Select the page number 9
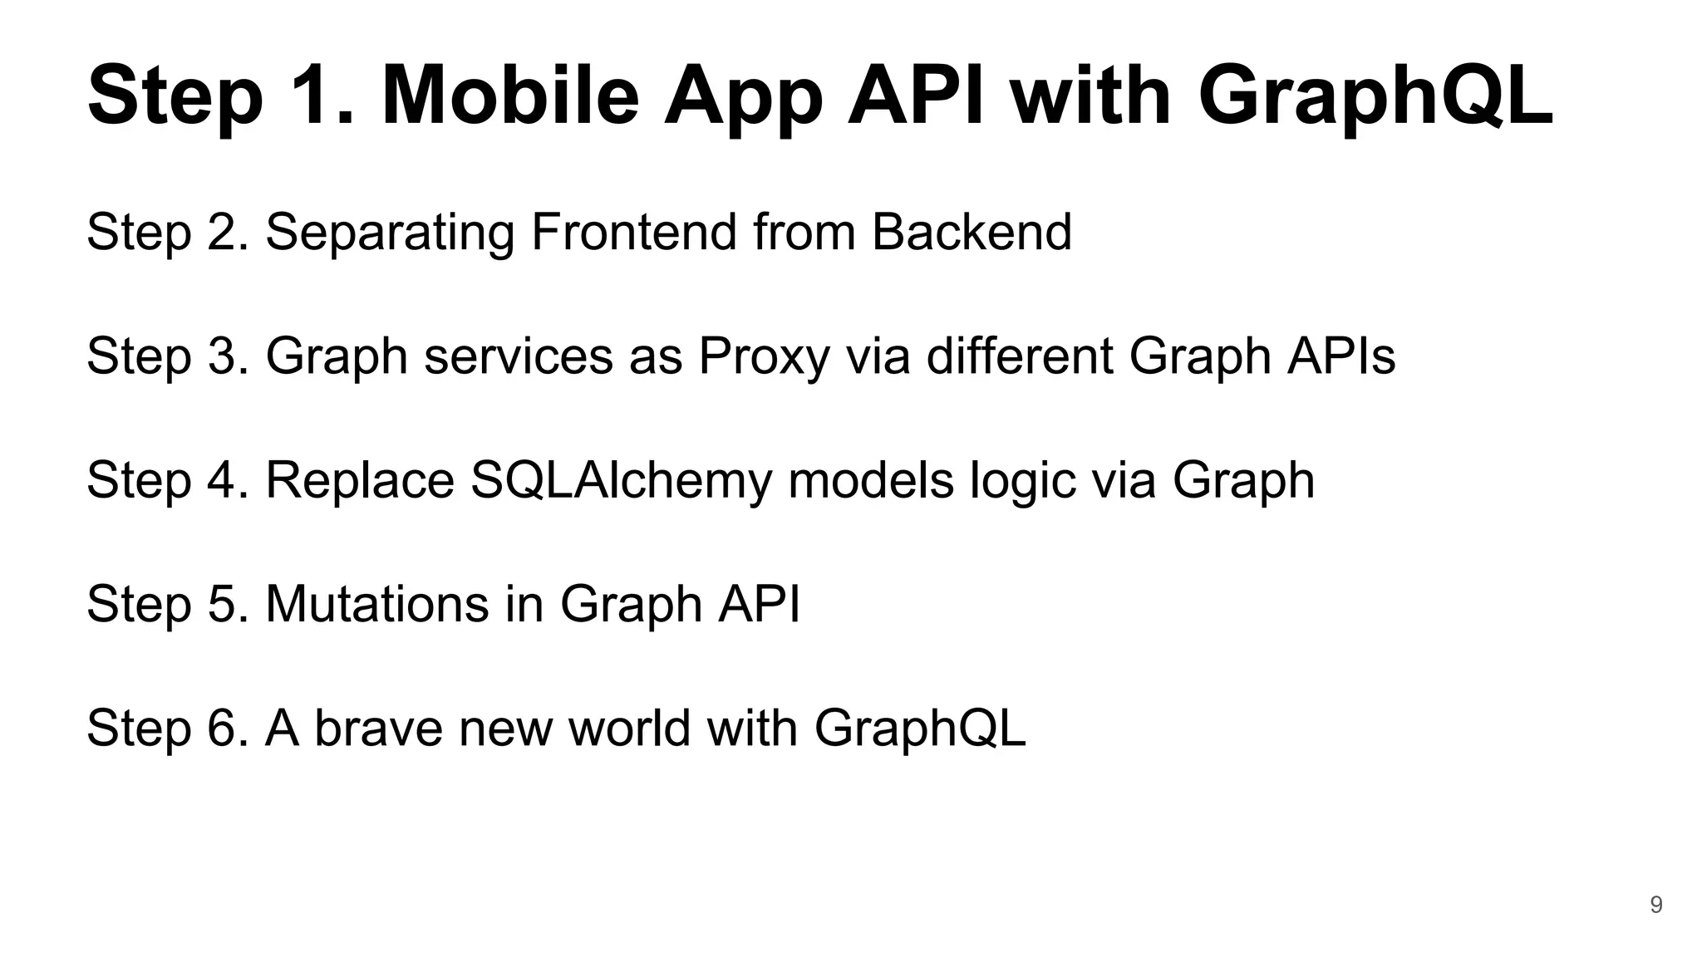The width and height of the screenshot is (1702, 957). tap(1655, 905)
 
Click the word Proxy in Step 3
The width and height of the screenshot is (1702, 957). tap(764, 357)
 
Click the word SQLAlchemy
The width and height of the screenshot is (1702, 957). tap(621, 481)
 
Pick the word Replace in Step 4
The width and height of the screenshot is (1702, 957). tap(359, 481)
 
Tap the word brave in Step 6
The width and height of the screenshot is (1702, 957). tap(378, 728)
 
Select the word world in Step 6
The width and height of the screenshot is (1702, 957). tap(629, 728)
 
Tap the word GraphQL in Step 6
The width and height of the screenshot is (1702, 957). tap(919, 729)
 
